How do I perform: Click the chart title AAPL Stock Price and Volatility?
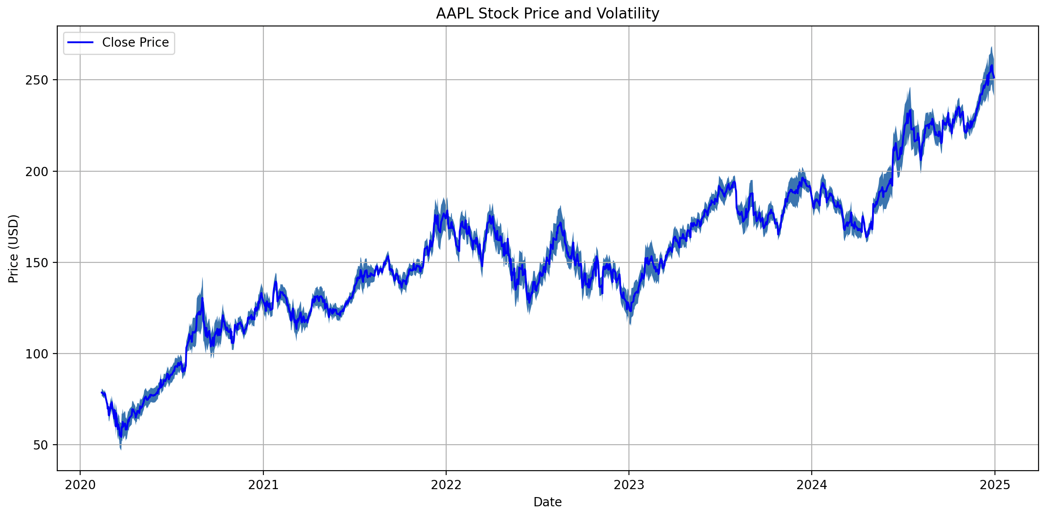coord(547,14)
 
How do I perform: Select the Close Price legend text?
coord(135,42)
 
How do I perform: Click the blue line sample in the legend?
coord(80,42)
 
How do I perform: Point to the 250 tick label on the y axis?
coord(37,80)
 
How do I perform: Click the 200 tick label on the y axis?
coord(37,171)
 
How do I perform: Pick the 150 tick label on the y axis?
coord(37,262)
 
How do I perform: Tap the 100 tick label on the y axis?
coord(37,354)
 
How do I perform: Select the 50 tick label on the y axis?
coord(40,445)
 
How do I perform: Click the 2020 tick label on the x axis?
coord(80,485)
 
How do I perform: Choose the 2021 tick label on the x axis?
coord(263,485)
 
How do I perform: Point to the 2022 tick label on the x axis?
coord(446,485)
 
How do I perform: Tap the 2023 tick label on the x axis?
coord(629,485)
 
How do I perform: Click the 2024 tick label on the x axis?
coord(812,485)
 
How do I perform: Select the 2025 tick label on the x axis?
coord(995,485)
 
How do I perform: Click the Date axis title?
coord(547,502)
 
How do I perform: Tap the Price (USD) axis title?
coord(14,248)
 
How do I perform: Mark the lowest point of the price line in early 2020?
coord(121,437)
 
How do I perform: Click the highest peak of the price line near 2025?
coord(991,66)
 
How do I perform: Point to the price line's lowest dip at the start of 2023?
coord(631,311)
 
